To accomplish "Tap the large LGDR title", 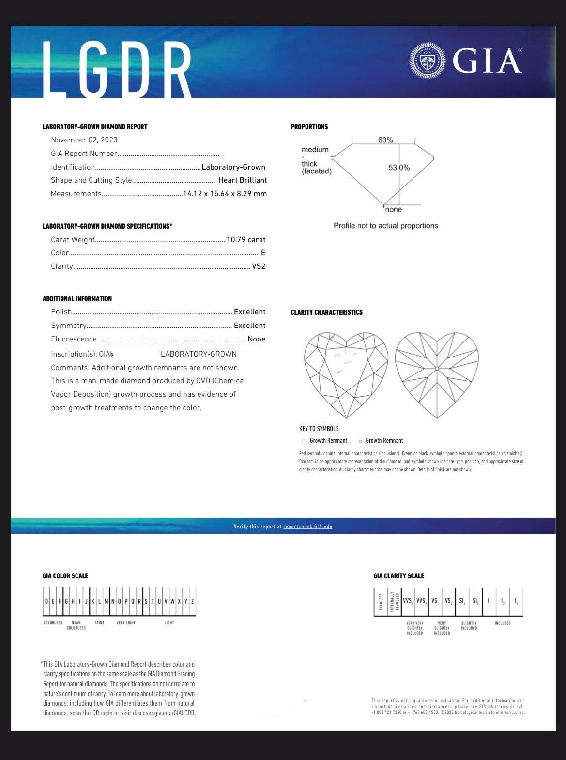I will (x=118, y=69).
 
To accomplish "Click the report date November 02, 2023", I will (x=84, y=140).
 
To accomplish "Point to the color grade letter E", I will (x=263, y=253).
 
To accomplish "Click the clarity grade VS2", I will (x=259, y=266).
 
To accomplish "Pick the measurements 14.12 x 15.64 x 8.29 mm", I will (x=225, y=194).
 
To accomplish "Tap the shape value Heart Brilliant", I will (x=243, y=180).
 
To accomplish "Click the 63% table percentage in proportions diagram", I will (x=385, y=140).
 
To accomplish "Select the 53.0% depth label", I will (x=399, y=168).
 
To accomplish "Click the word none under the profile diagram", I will (x=394, y=210).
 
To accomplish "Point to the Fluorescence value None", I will (x=257, y=339).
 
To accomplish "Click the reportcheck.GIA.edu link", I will (x=308, y=527).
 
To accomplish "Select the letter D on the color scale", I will (x=46, y=601).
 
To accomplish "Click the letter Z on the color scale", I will (x=193, y=601).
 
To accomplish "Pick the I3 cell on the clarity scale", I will (x=516, y=602).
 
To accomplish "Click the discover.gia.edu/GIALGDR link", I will (x=164, y=713).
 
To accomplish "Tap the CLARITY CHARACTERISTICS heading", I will (x=326, y=312).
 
